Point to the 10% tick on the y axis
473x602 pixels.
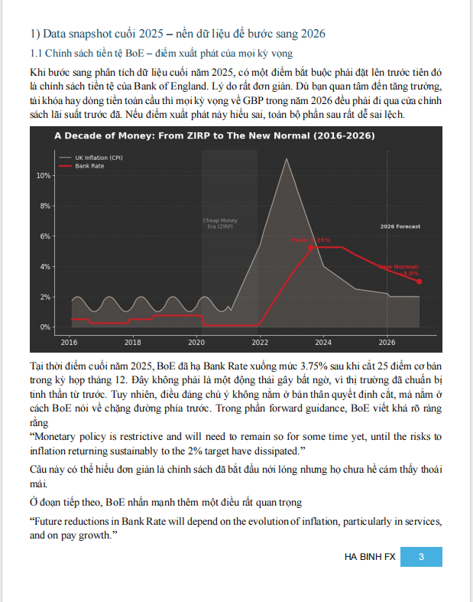[43, 175]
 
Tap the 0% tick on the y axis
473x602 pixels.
[45, 327]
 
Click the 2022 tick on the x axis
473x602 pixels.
[260, 341]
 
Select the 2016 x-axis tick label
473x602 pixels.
[70, 341]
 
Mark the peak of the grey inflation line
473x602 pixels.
[287, 159]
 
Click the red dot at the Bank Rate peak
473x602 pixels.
[311, 247]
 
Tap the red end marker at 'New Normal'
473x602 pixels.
[420, 281]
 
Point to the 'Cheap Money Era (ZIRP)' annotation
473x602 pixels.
[220, 224]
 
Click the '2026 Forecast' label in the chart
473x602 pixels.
[400, 226]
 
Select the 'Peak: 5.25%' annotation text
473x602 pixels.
[310, 240]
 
